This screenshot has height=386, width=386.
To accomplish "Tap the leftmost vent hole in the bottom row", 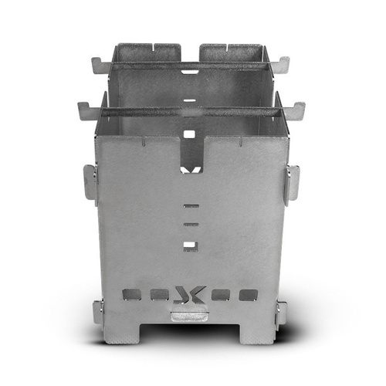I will tap(132, 295).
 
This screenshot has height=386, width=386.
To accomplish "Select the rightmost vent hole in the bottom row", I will tap(248, 295).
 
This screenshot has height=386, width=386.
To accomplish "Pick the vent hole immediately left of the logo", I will tap(159, 295).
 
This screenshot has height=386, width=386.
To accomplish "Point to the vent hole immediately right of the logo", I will tap(221, 295).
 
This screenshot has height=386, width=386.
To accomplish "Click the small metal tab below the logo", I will tap(190, 315).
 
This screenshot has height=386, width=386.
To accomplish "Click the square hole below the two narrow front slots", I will tap(190, 246).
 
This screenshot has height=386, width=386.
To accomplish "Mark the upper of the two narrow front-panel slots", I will tap(190, 207).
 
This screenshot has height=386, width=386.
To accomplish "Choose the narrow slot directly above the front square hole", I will tap(190, 225).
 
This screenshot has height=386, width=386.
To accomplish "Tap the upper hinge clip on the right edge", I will tap(293, 183).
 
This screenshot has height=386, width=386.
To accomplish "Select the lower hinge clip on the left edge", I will tap(97, 312).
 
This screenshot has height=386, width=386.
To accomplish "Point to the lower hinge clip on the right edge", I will tap(282, 312).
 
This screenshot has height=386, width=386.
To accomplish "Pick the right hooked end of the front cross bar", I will tap(298, 108).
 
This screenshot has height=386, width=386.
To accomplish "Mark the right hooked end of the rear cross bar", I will tap(284, 64).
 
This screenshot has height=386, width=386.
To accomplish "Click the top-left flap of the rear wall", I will tap(146, 52).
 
